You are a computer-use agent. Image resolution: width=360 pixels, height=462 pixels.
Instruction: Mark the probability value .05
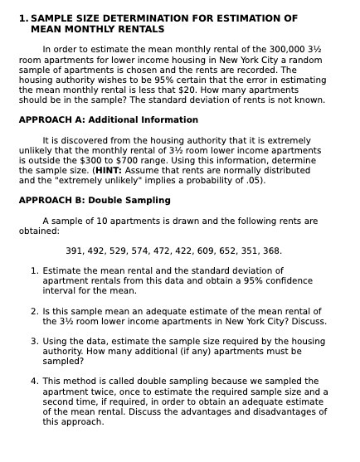pos(254,180)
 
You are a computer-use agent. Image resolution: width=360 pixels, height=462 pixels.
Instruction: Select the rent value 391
pos(75,250)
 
